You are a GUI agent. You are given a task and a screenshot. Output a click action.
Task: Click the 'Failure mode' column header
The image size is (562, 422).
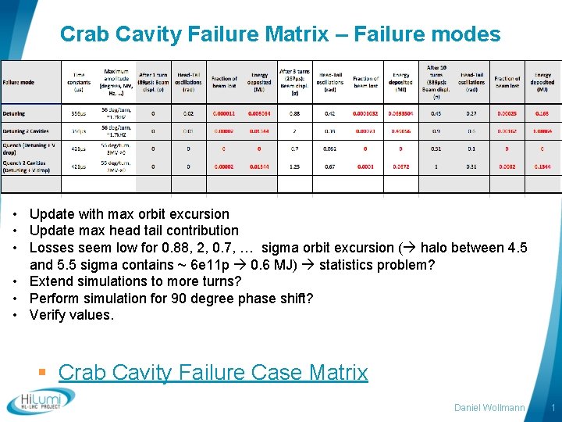[x=19, y=82]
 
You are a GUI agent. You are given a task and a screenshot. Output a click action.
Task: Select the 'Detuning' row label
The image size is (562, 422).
[x=14, y=113]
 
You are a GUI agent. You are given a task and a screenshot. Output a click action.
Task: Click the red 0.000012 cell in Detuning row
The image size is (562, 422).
[x=224, y=113]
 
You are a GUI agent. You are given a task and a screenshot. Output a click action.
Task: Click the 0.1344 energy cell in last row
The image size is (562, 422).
[x=542, y=166]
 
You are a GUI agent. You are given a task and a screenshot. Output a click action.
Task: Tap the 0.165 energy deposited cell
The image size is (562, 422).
[x=542, y=113]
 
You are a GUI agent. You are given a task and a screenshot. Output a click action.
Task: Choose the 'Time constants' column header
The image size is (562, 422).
[x=79, y=82]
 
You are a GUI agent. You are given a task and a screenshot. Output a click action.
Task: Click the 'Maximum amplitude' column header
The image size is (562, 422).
[x=118, y=82]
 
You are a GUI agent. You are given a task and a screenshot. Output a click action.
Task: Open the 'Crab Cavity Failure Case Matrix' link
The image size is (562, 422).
[x=212, y=372]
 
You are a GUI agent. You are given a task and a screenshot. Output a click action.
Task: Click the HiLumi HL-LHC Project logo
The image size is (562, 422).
[x=41, y=401]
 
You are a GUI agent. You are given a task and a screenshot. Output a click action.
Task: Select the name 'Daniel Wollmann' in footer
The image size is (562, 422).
[x=490, y=408]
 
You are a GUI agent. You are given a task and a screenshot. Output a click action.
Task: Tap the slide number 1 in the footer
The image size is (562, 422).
[x=553, y=408]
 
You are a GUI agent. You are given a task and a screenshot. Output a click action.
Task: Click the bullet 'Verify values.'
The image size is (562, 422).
[x=72, y=315]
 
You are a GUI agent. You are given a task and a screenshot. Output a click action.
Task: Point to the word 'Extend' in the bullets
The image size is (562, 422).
[x=51, y=281]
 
